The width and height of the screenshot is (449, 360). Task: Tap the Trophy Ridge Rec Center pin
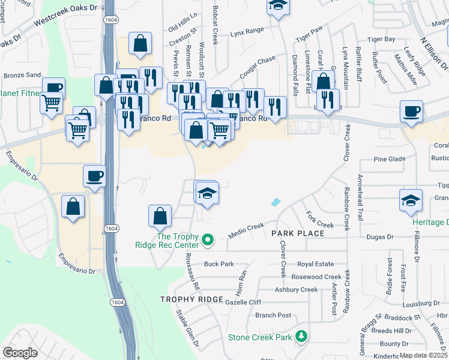208,241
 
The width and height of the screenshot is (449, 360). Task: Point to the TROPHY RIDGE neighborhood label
191,299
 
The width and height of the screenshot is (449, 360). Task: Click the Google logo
20,353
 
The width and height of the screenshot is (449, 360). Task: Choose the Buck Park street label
218,263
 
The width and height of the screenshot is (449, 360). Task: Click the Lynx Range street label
247,31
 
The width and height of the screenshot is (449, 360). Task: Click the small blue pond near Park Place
276,202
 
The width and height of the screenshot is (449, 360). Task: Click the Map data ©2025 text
423,355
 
